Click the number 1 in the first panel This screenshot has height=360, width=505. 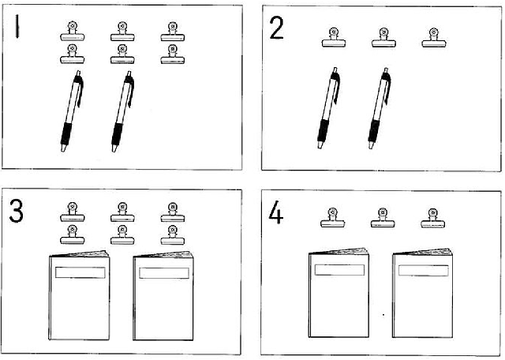coord(17,27)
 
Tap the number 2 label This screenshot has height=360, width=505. coord(276,28)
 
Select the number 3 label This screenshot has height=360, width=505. coord(16,211)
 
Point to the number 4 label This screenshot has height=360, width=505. coord(276,212)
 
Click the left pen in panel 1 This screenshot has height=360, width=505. coord(72,111)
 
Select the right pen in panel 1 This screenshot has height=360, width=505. coord(122,111)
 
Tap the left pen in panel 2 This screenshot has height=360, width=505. coord(328,108)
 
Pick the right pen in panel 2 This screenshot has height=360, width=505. coord(379,108)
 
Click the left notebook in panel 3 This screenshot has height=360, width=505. coord(79,295)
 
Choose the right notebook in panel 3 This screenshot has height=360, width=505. coord(163,295)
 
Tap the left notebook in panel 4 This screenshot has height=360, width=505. coord(339,293)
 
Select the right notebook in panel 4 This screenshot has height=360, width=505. coord(423,293)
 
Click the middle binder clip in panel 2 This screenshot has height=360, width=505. coord(383,38)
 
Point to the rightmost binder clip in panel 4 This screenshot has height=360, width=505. coord(433,218)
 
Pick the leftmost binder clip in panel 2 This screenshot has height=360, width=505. coord(334,37)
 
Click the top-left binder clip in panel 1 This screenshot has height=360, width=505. coord(73,32)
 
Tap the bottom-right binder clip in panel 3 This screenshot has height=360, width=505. coord(173,235)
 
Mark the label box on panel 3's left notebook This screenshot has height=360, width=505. coord(80,272)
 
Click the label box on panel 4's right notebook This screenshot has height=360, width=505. coord(424,271)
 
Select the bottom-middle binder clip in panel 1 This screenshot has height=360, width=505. coord(122,54)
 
